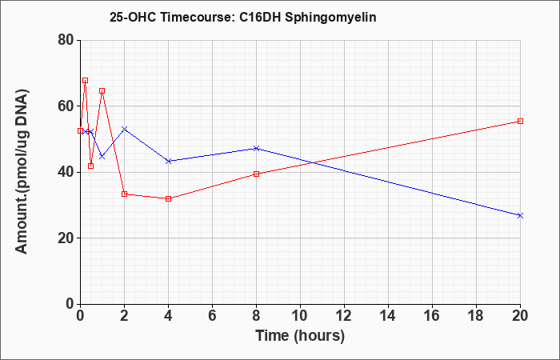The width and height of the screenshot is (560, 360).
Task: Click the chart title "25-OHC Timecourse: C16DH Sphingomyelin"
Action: [243, 17]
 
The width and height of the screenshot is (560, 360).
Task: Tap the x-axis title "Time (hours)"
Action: [300, 336]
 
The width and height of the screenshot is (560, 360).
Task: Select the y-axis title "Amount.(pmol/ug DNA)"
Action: [22, 172]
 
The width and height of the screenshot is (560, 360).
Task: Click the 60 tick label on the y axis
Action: [66, 106]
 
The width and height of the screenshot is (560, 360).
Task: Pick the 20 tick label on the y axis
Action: [66, 238]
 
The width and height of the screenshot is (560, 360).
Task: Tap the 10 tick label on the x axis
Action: [300, 316]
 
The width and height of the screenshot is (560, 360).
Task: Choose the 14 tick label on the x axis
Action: [388, 316]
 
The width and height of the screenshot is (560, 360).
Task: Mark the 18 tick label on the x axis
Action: [476, 316]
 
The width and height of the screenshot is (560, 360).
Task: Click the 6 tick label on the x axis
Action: [212, 316]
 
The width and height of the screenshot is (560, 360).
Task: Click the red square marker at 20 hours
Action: [520, 121]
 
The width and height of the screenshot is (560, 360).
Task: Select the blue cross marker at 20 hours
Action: [520, 215]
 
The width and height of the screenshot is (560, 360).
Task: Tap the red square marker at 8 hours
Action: [256, 174]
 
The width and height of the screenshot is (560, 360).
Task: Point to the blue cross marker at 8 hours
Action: [256, 148]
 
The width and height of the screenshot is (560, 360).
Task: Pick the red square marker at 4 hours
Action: [168, 198]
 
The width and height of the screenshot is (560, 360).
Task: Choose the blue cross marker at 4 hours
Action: [168, 161]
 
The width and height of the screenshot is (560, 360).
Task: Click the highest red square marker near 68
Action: [85, 80]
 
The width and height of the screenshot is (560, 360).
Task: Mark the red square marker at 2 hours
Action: [124, 194]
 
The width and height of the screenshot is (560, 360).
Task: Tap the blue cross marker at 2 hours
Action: [124, 129]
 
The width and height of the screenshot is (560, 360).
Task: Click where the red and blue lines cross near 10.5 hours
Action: [312, 163]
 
